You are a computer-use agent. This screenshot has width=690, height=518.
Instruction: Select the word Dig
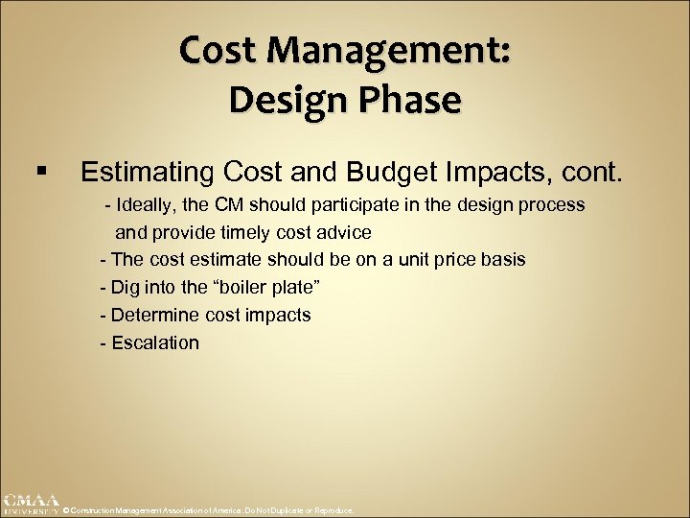126,287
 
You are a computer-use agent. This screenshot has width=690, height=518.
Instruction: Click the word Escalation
155,342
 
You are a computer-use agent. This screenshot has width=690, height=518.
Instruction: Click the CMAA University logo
30,505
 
